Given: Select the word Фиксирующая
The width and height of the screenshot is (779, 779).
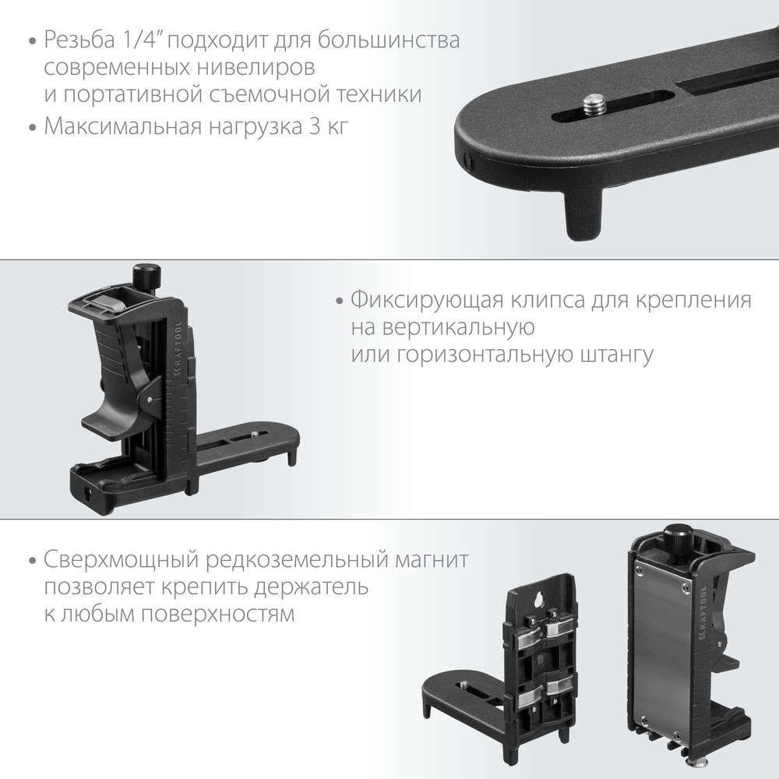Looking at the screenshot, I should (418, 301).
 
